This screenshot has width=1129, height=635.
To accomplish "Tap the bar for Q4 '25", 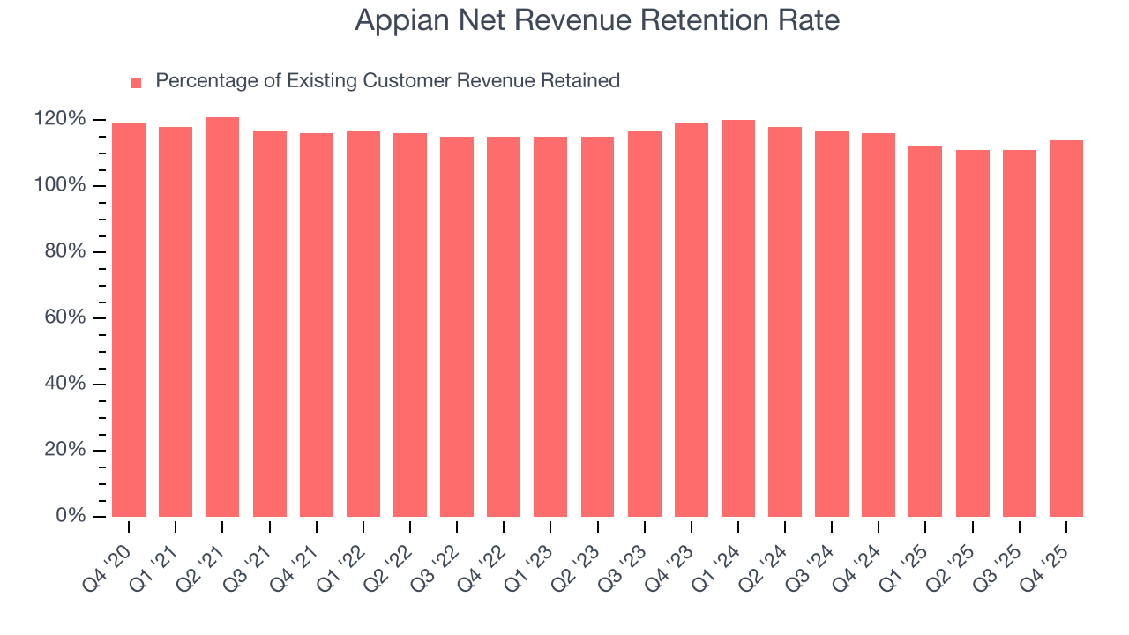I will (x=1066, y=328).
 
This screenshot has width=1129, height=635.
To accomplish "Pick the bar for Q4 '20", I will (x=129, y=319).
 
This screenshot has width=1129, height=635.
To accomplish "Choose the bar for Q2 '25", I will (x=973, y=332).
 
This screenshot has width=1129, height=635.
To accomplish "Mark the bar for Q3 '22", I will (x=457, y=326).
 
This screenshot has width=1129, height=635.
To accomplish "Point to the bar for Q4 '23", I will (x=692, y=319).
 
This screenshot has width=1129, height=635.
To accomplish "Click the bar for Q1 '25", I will (x=925, y=331).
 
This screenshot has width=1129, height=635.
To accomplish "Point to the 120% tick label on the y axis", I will (x=60, y=119).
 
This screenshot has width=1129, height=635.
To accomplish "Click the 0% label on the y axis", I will (x=71, y=516).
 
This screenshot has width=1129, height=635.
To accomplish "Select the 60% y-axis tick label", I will (x=65, y=317).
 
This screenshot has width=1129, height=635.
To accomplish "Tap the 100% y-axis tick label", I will (x=60, y=185).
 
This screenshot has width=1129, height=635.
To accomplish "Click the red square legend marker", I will (x=136, y=82).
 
